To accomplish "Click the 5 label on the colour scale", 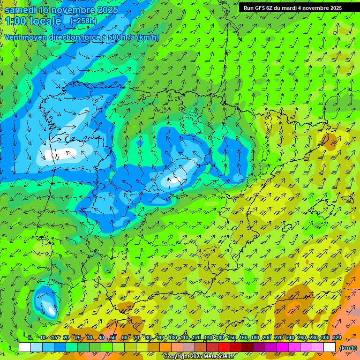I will (x=30, y=338).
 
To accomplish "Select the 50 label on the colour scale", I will (x=113, y=338).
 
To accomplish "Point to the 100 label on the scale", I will (x=172, y=338).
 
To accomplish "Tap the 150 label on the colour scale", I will (x=232, y=338).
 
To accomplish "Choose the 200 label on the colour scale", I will (x=267, y=338).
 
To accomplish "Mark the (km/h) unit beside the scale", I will (x=348, y=348).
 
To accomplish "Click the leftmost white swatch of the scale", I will (x=24, y=347).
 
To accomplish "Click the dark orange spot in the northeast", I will (x=331, y=141).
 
